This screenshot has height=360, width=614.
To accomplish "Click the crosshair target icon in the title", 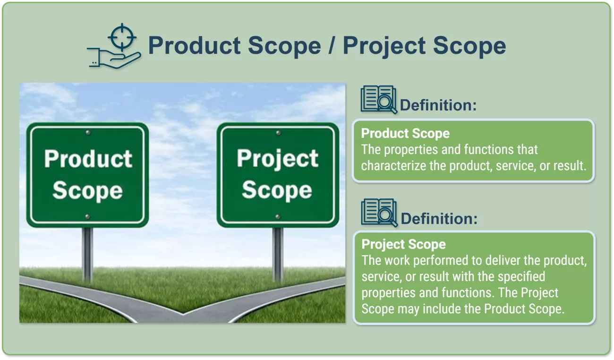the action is (x=122, y=37).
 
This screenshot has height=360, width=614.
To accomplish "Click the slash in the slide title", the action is (x=332, y=45).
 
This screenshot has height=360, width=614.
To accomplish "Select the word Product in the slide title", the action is (x=194, y=45).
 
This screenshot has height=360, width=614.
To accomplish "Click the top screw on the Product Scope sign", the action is (x=88, y=133).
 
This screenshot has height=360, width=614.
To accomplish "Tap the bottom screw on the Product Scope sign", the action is (x=87, y=216).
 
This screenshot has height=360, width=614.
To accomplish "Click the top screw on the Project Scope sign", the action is (x=278, y=133).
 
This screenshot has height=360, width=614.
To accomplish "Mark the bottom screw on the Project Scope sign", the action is (x=278, y=217).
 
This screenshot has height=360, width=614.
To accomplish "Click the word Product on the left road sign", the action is (x=88, y=158).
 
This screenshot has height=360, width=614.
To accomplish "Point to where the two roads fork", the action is (x=183, y=313).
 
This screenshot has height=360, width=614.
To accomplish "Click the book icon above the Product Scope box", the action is (x=379, y=100).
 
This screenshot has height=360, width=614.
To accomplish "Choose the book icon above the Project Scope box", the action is (x=379, y=213).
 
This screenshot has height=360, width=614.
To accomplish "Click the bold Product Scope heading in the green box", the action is (x=405, y=134).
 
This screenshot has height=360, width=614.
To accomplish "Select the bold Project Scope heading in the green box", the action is (x=403, y=244).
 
